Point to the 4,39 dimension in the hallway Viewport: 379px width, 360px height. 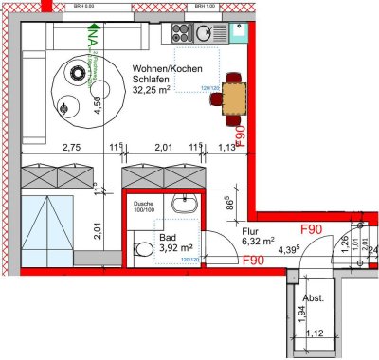coord(289,250)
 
